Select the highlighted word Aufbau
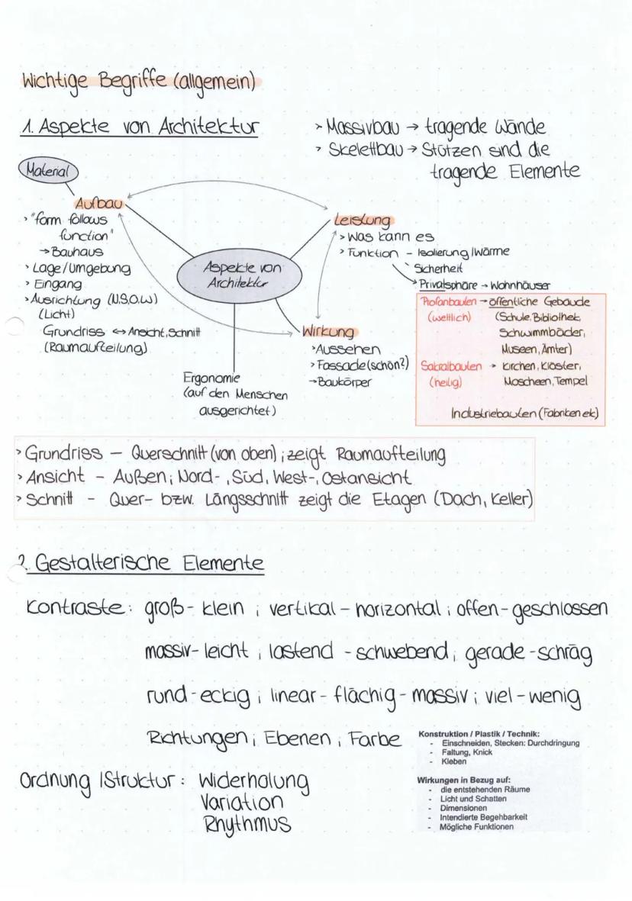(x=98, y=204)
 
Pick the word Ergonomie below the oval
(x=211, y=378)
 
